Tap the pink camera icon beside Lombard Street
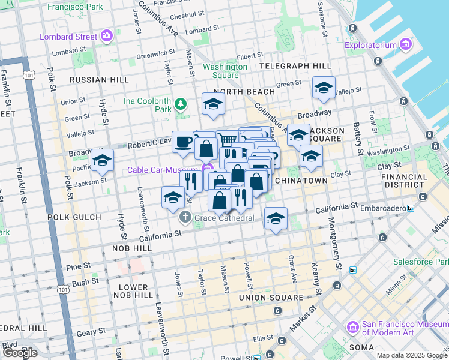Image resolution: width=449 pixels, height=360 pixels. point(107,36)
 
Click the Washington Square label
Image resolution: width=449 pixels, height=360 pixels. point(225,71)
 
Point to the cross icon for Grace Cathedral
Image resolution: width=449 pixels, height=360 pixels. point(186,218)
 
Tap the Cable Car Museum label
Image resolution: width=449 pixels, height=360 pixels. point(163,170)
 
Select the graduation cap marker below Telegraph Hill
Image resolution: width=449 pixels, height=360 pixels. point(324,88)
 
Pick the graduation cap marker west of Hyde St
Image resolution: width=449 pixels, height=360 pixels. point(102,160)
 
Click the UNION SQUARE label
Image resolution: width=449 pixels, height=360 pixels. point(271,298)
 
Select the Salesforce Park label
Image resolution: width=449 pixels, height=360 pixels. point(420,262)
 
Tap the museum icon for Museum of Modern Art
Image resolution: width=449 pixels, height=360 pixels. point(352,328)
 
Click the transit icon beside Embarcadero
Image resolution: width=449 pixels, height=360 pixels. point(410,208)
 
